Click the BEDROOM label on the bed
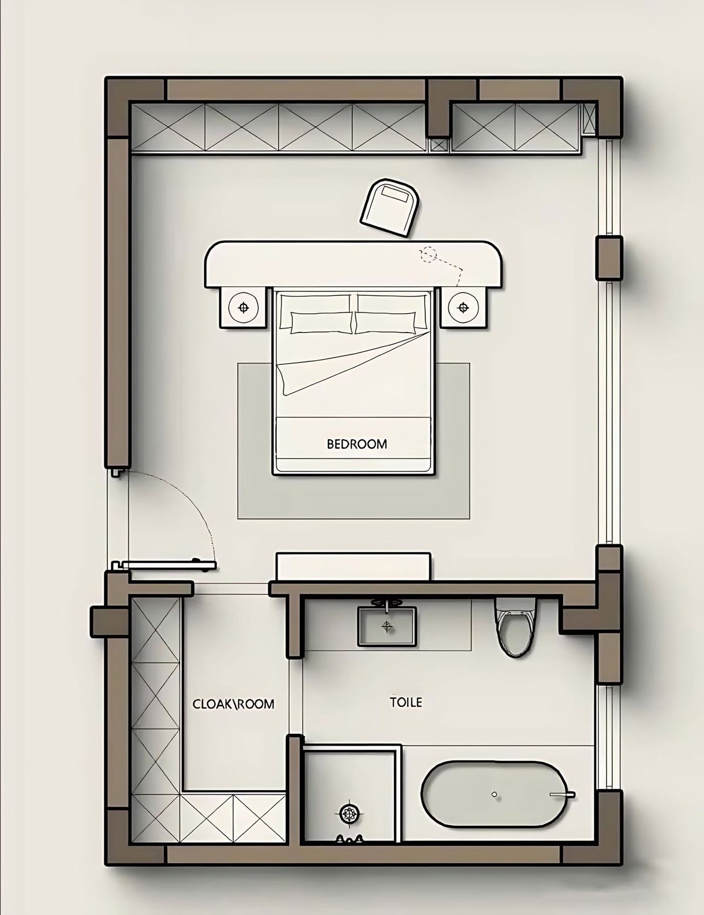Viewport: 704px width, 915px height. (357, 444)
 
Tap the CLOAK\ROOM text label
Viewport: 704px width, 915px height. (233, 704)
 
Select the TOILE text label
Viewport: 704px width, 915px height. (405, 702)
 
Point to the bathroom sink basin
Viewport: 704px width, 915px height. (387, 626)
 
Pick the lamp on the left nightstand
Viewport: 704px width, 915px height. (243, 307)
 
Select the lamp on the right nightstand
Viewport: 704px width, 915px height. (463, 307)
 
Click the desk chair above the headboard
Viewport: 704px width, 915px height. (390, 206)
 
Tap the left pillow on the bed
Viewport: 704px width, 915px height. (321, 323)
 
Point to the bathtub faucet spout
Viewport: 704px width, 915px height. (562, 795)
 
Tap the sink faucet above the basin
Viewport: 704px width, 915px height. (387, 602)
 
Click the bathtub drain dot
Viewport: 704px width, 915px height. (494, 795)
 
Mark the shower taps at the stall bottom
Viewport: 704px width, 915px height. (349, 838)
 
